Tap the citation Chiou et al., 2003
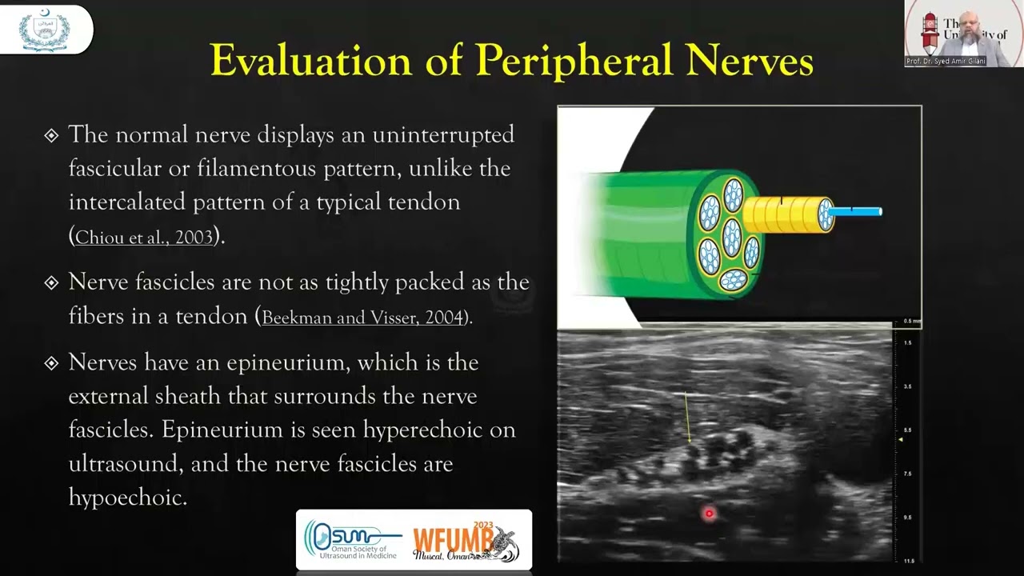(x=144, y=238)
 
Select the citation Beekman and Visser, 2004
(x=363, y=318)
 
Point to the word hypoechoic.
(x=127, y=497)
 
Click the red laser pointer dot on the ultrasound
(x=709, y=514)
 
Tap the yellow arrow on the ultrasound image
(x=687, y=417)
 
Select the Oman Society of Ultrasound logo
(x=353, y=541)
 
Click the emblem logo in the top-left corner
(x=45, y=30)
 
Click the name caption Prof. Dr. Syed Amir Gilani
(x=946, y=62)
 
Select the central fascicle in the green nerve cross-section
(x=731, y=237)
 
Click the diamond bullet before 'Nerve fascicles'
(x=51, y=283)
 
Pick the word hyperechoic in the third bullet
(x=423, y=430)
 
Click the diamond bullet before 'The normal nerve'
(x=51, y=135)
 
